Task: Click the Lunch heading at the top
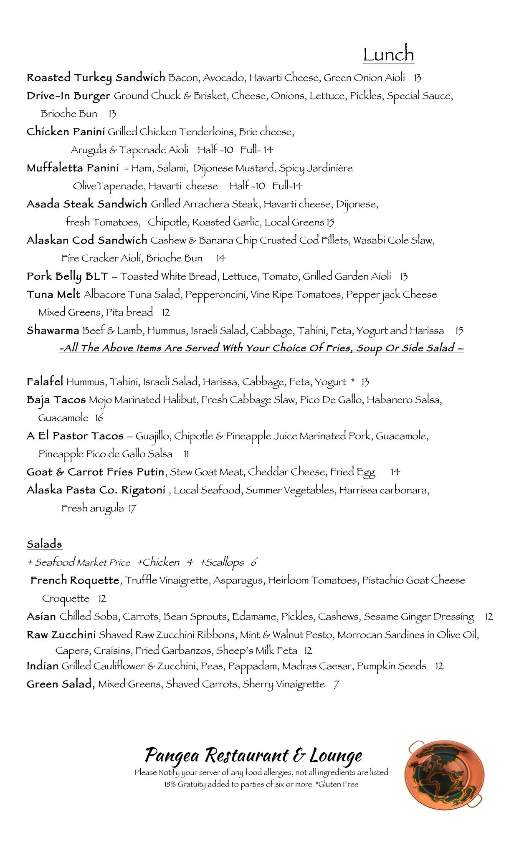(388, 55)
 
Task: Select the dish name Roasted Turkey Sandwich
(96, 78)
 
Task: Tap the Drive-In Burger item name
(68, 96)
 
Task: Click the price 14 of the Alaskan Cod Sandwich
(221, 258)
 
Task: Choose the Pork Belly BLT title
(67, 276)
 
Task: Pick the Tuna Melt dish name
(53, 295)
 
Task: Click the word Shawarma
(53, 331)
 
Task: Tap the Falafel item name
(45, 382)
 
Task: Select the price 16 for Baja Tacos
(99, 418)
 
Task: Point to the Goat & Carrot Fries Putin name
(95, 472)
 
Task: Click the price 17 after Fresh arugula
(132, 508)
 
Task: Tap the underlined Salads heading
(44, 544)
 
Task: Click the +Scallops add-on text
(222, 563)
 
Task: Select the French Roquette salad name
(75, 580)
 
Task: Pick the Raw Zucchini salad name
(61, 635)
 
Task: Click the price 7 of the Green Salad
(336, 685)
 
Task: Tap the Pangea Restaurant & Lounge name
(253, 755)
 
